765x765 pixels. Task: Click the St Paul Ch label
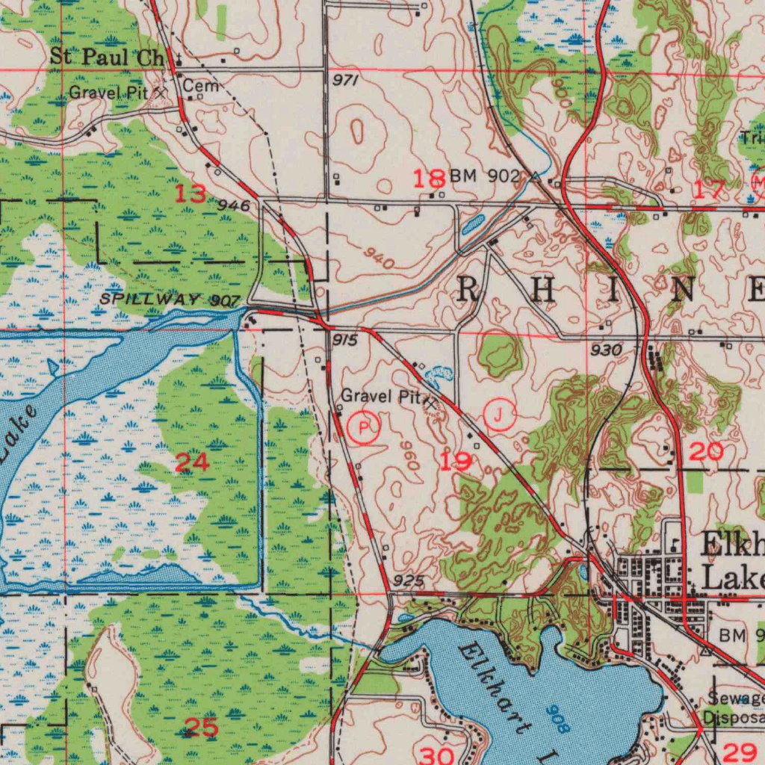pos(106,57)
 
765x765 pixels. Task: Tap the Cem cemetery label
pos(201,87)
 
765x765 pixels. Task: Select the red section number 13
pos(191,194)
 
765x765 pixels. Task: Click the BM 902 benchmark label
pos(484,176)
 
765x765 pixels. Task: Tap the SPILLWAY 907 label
pos(170,300)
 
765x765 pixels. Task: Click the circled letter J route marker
pos(500,414)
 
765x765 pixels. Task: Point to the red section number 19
pos(454,462)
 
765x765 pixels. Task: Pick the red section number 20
pos(706,450)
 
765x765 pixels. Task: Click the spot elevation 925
pos(409,580)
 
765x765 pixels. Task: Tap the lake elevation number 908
pos(557,718)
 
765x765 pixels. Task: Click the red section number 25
pos(200,727)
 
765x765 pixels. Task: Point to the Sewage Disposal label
pos(734,708)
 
